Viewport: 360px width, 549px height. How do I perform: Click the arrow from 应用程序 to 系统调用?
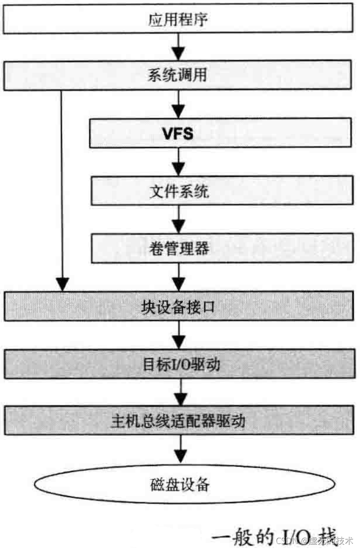pos(179,47)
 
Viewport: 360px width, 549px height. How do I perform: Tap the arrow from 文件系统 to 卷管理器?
pos(179,220)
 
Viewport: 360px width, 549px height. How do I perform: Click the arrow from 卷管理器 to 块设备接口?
pos(179,277)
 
